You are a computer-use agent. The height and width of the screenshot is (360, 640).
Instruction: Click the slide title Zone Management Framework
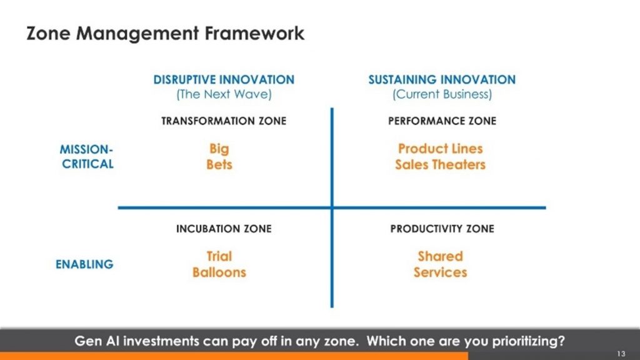click(166, 33)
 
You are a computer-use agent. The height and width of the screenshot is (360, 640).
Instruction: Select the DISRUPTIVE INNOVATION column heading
click(224, 80)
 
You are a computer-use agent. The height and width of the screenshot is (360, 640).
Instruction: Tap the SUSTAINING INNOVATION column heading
click(442, 80)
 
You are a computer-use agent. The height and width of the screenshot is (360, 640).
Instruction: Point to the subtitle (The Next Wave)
click(224, 95)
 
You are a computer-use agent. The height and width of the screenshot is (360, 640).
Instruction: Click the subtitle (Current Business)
click(442, 95)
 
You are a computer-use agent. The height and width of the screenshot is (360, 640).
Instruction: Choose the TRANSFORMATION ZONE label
click(224, 121)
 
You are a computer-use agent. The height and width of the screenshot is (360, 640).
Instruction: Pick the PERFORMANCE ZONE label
click(442, 121)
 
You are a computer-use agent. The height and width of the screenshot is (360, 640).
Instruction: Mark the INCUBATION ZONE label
click(224, 229)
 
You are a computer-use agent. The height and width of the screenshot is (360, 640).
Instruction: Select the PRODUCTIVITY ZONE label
click(442, 229)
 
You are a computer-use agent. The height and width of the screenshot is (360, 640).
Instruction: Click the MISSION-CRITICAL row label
click(87, 157)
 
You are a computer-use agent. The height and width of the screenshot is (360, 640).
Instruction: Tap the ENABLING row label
click(84, 264)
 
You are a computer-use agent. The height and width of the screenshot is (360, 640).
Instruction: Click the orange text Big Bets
click(219, 157)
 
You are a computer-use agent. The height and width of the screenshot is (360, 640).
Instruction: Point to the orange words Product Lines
click(440, 149)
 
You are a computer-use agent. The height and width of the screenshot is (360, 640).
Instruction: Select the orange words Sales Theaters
click(440, 165)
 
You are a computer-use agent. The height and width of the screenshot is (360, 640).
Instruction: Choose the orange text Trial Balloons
click(219, 264)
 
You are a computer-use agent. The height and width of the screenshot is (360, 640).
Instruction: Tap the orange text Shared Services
click(440, 264)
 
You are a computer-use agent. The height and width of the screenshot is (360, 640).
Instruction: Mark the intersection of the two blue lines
click(332, 207)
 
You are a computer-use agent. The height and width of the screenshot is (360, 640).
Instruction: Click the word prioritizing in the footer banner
click(524, 342)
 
